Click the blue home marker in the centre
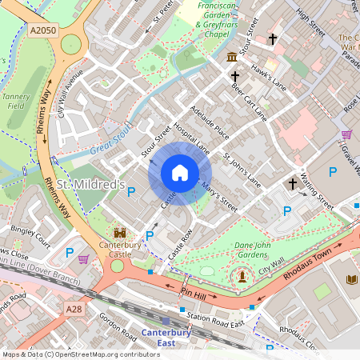point(180,173)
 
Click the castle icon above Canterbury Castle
point(121,232)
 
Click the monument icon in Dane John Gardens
point(241,276)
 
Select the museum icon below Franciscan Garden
point(232,57)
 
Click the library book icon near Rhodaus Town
point(353,279)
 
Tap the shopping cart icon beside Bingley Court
point(84,258)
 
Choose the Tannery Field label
point(20,99)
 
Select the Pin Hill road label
point(194,294)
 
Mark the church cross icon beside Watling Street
point(304,182)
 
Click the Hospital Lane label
point(191,138)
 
